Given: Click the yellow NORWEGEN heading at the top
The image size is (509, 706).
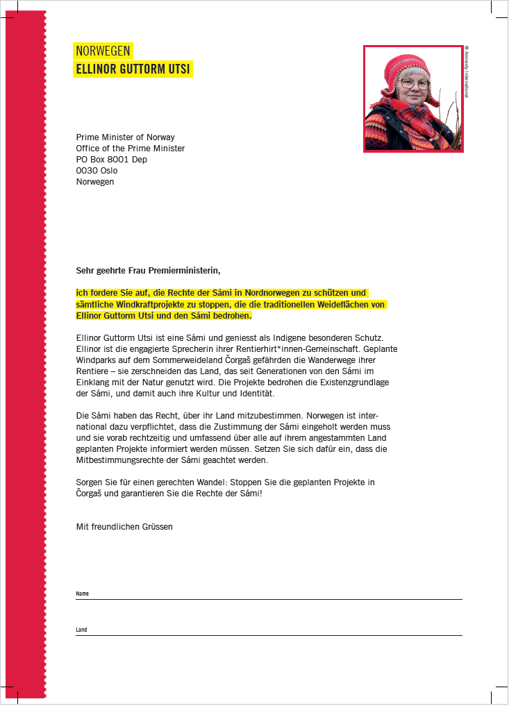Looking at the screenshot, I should (x=103, y=51).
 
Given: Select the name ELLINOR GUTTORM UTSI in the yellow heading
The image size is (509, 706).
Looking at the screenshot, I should (x=132, y=69).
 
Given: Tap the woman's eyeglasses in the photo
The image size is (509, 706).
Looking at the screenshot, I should (x=415, y=84).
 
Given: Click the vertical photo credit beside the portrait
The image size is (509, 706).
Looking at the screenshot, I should (x=467, y=72).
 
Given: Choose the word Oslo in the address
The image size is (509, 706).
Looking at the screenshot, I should (x=109, y=171).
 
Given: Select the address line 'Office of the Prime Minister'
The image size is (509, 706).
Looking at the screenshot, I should (x=131, y=149).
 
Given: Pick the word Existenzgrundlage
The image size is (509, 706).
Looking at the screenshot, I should (x=349, y=383).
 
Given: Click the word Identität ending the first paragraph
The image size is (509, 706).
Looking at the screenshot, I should (x=237, y=394).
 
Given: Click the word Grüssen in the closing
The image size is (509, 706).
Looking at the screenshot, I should (x=157, y=527).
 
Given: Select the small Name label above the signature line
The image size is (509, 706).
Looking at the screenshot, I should (x=83, y=594).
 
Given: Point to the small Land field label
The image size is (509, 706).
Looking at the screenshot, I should (x=82, y=630).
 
